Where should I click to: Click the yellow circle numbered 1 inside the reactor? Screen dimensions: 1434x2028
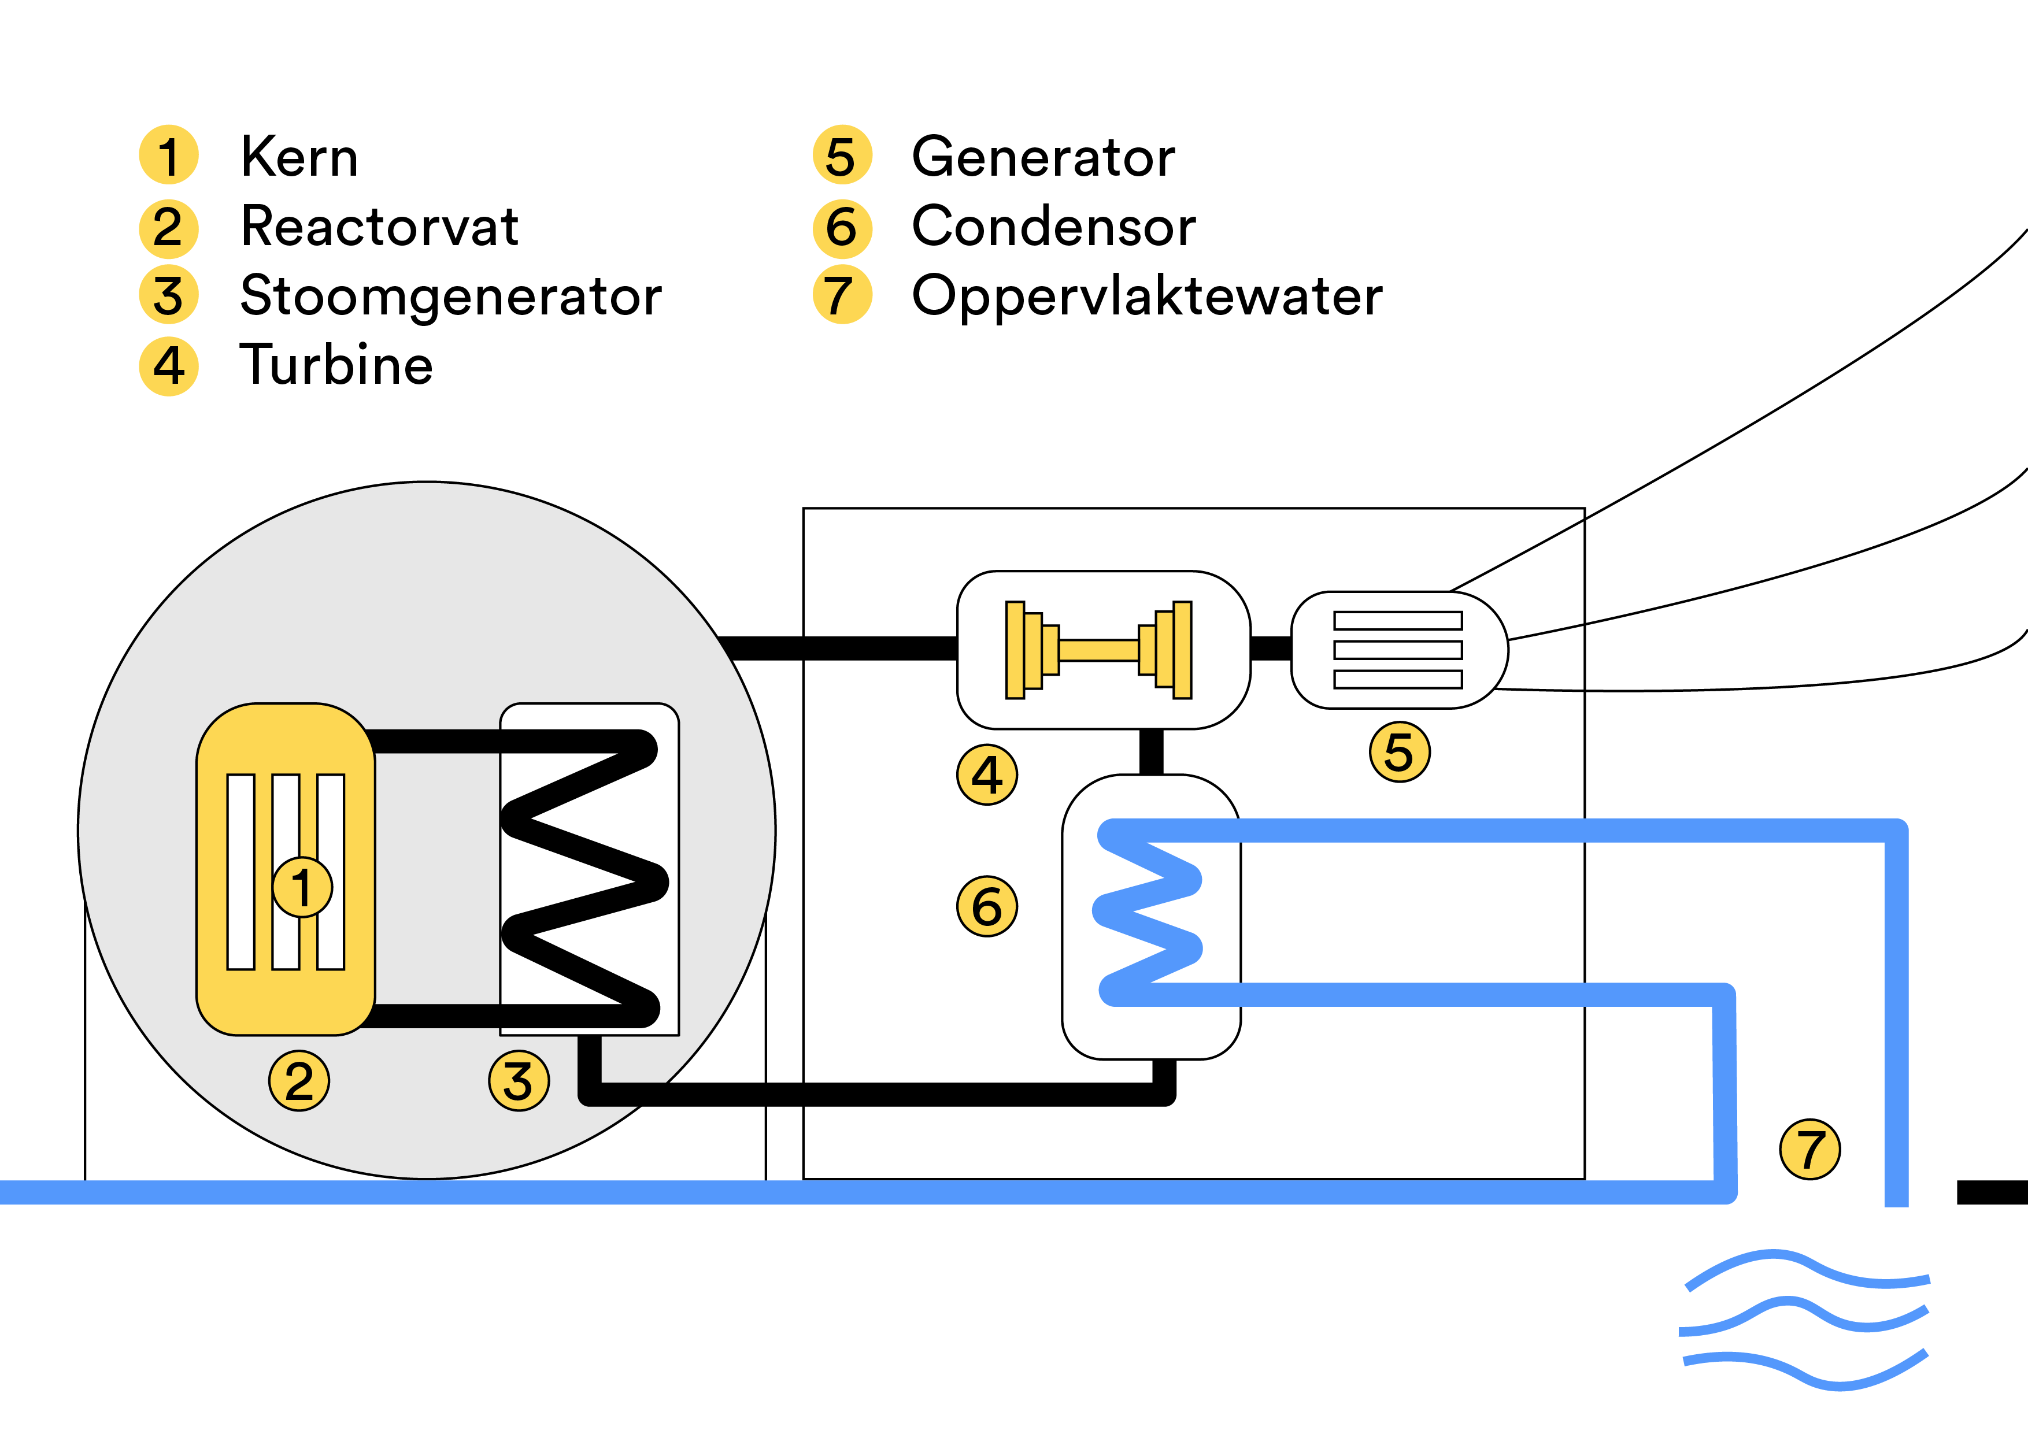point(302,887)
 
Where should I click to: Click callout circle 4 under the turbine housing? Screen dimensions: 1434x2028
point(987,775)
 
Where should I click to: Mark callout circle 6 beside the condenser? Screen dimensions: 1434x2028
point(987,906)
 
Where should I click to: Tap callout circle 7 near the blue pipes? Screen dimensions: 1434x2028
point(1810,1149)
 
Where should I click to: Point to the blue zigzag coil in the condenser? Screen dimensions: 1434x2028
point(1148,914)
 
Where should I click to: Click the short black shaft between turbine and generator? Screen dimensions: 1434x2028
point(1271,649)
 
